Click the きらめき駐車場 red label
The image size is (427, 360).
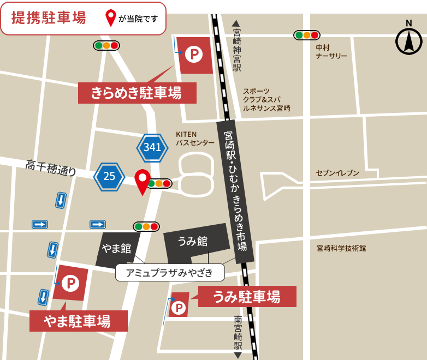click(x=137, y=93)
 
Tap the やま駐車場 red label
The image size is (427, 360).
click(x=78, y=321)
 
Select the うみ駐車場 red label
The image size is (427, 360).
click(x=247, y=297)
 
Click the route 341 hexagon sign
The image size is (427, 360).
click(x=152, y=147)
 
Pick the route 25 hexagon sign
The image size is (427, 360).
click(x=109, y=176)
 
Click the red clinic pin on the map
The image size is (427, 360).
click(x=143, y=180)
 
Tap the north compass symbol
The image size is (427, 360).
click(x=408, y=40)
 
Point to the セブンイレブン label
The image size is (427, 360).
click(x=337, y=173)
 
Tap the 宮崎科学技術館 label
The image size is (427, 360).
click(x=341, y=248)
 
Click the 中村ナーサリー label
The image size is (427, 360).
click(x=331, y=51)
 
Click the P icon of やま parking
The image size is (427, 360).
click(x=70, y=283)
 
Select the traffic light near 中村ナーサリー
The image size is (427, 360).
click(x=306, y=35)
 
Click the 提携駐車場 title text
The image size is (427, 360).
click(x=49, y=17)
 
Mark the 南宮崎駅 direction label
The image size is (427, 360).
click(x=238, y=333)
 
